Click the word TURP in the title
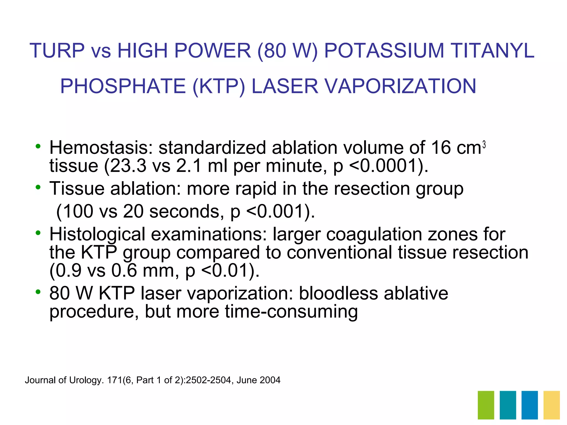coord(57,51)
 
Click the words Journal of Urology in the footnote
coord(64,380)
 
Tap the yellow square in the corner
coord(551,405)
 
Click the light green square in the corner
coord(486,405)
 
